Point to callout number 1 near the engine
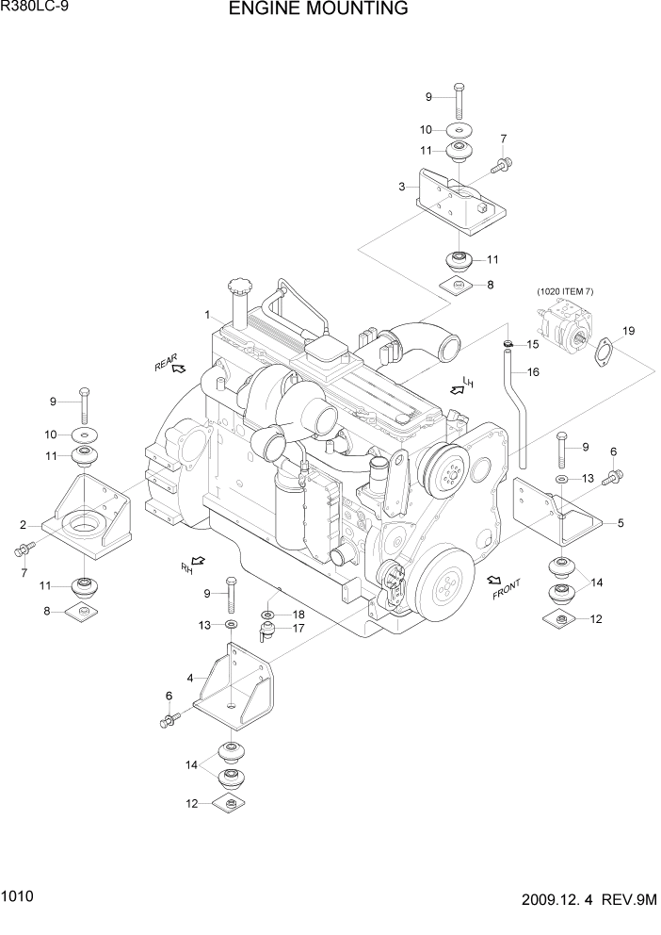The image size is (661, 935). coord(206,314)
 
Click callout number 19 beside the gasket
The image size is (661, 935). coord(628,331)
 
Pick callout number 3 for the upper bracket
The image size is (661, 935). coord(402,187)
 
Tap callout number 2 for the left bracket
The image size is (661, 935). coord(22,524)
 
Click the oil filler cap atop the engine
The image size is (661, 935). coord(237,287)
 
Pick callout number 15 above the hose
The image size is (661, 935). coord(532,344)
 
